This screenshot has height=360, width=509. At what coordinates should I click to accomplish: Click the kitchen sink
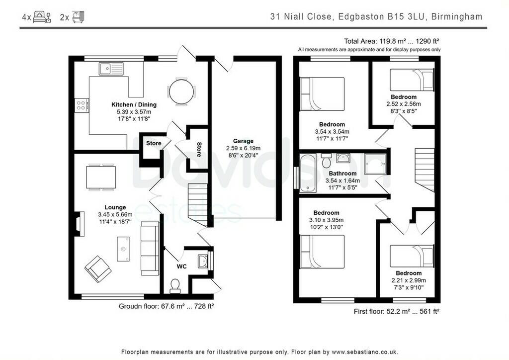(x=111, y=69)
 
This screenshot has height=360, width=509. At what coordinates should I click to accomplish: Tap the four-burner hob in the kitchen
(x=82, y=105)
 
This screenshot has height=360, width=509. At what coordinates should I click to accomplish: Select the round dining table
(x=181, y=91)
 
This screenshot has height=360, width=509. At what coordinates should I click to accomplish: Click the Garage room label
(x=243, y=141)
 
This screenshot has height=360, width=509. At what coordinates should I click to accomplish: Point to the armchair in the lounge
(x=98, y=269)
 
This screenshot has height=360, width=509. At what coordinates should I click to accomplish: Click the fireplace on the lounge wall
(x=79, y=224)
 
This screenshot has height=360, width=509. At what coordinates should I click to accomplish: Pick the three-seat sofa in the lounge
(x=150, y=248)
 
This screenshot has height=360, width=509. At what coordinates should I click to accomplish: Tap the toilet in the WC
(x=175, y=285)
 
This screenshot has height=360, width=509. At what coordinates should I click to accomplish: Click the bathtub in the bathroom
(x=307, y=173)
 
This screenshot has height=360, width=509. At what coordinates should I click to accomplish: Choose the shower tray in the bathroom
(x=375, y=164)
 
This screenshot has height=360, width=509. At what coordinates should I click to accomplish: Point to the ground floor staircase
(x=197, y=204)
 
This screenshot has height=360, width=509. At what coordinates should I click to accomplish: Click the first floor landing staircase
(x=424, y=170)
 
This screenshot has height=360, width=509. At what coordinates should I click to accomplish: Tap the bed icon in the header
(x=42, y=16)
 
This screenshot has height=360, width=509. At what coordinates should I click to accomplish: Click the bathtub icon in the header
(x=78, y=17)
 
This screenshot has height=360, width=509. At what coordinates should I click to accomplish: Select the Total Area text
(x=392, y=41)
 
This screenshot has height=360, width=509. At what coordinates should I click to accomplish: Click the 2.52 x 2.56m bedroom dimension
(x=404, y=104)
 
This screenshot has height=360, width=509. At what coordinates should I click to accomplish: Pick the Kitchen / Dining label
(x=134, y=104)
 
